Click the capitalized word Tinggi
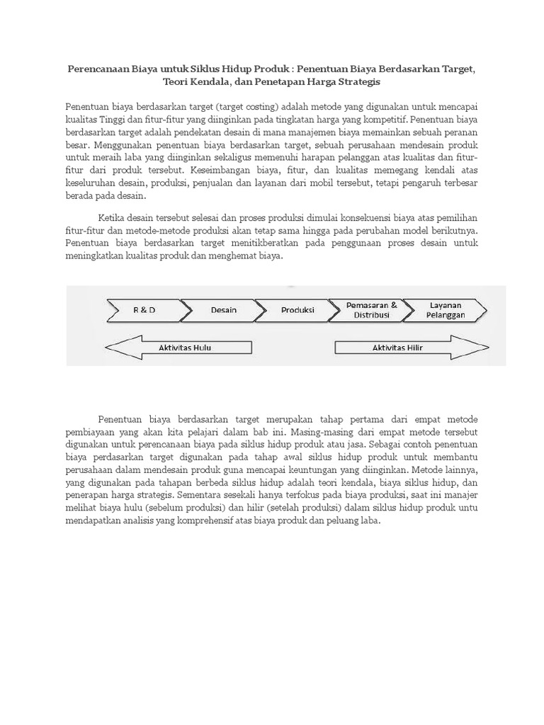[114, 118]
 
